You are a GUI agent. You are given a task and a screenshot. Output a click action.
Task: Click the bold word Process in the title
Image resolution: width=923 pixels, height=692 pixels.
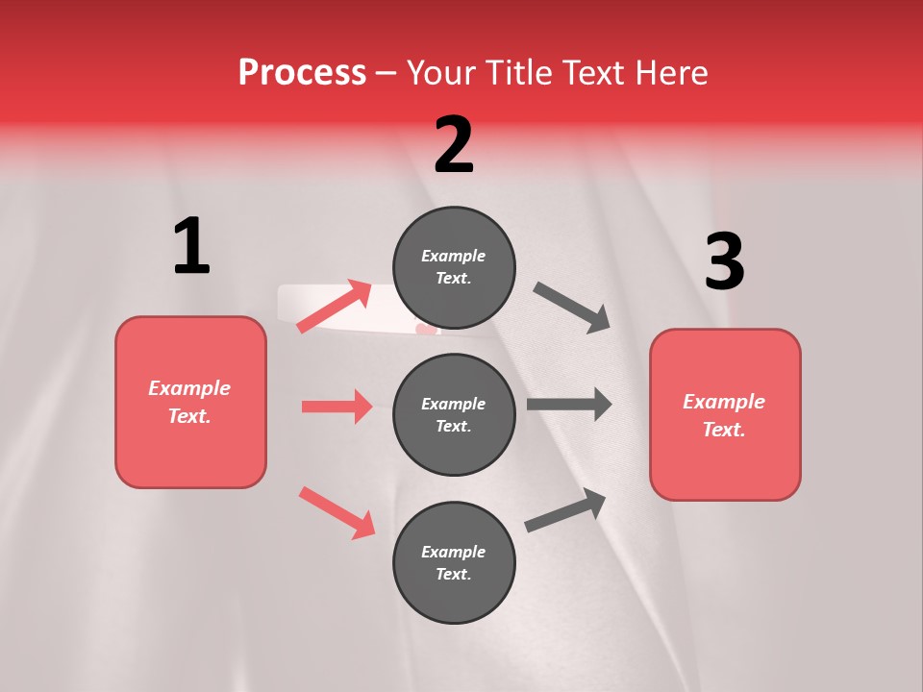(x=302, y=73)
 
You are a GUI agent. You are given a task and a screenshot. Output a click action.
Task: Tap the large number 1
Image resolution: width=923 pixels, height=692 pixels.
(x=191, y=246)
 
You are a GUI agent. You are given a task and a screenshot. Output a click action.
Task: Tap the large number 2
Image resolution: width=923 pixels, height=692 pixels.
(x=454, y=144)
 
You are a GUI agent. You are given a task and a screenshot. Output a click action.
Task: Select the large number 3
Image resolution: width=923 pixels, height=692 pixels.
(x=724, y=261)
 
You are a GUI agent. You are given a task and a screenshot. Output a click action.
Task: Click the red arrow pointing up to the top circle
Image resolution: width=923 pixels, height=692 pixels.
(x=335, y=306)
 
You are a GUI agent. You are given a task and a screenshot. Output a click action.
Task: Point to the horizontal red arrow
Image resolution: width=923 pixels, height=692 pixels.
(x=337, y=407)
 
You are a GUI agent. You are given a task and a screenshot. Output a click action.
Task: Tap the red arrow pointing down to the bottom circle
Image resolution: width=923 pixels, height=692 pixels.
(x=337, y=512)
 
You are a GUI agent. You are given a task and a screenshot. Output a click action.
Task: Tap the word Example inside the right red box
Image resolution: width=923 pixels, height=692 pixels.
(x=724, y=402)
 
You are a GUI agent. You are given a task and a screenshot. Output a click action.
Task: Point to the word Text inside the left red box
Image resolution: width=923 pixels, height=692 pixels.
(x=189, y=416)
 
